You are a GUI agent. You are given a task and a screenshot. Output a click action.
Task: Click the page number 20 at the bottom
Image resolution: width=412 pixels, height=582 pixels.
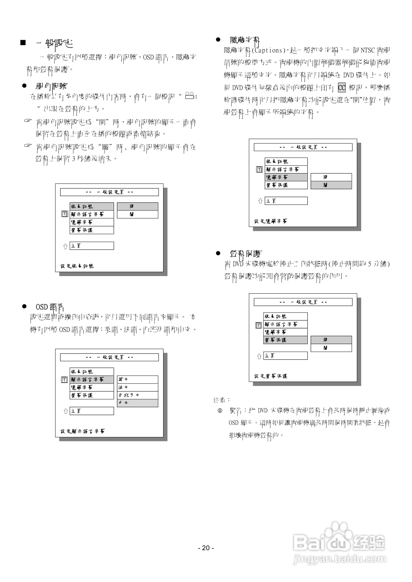click(206, 548)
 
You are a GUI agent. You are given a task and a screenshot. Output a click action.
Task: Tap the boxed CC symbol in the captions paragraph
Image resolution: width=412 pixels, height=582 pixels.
click(342, 88)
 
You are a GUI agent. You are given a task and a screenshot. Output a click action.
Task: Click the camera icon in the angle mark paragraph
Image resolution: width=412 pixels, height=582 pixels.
click(190, 96)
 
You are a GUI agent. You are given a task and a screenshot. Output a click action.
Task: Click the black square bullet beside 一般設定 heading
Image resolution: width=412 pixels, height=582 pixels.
click(23, 43)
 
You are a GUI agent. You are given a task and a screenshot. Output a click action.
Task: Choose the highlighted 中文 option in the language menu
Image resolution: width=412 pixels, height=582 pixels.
click(137, 403)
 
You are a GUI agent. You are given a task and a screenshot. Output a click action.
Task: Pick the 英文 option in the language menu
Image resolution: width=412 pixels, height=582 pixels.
click(137, 379)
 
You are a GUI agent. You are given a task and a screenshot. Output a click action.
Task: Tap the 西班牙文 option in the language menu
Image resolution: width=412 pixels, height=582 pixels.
click(137, 395)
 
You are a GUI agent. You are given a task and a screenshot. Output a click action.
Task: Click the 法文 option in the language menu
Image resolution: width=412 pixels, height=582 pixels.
click(137, 387)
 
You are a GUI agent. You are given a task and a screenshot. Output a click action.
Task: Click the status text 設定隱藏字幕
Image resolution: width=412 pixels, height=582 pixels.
click(271, 221)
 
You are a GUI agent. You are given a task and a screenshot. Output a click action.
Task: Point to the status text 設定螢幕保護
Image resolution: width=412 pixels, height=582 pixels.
click(271, 376)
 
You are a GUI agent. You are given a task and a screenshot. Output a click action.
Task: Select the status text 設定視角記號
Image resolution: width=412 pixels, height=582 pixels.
click(77, 266)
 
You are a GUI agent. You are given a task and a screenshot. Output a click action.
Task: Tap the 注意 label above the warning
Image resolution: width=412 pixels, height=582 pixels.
click(222, 400)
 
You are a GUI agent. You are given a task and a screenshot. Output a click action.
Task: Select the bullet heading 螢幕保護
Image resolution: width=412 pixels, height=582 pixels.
click(246, 254)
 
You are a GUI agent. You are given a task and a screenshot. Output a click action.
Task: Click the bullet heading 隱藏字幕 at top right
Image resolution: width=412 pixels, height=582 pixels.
click(245, 40)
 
